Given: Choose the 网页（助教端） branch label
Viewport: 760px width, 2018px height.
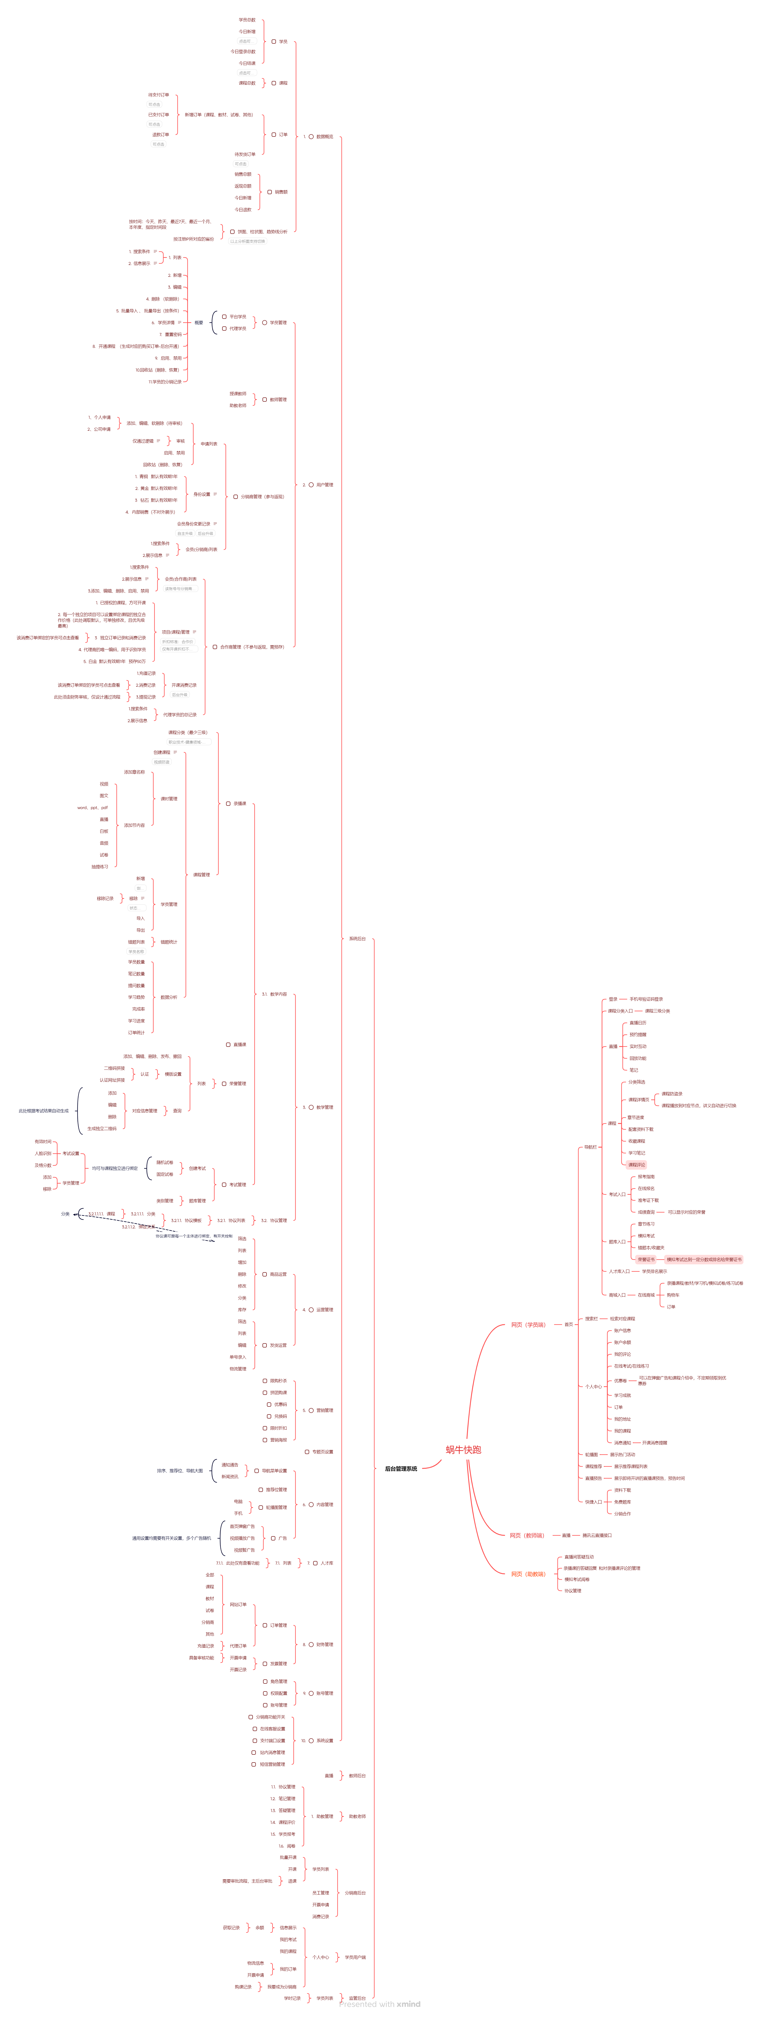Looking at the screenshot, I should [527, 1574].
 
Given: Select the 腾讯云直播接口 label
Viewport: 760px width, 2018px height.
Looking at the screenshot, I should [597, 1535].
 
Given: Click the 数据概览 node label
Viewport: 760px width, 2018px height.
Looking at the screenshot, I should [324, 136].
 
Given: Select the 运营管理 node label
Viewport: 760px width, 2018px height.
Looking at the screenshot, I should [324, 1310].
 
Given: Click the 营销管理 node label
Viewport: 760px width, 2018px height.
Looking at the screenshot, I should [324, 1410].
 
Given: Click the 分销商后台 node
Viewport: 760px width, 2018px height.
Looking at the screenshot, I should [355, 1893].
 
